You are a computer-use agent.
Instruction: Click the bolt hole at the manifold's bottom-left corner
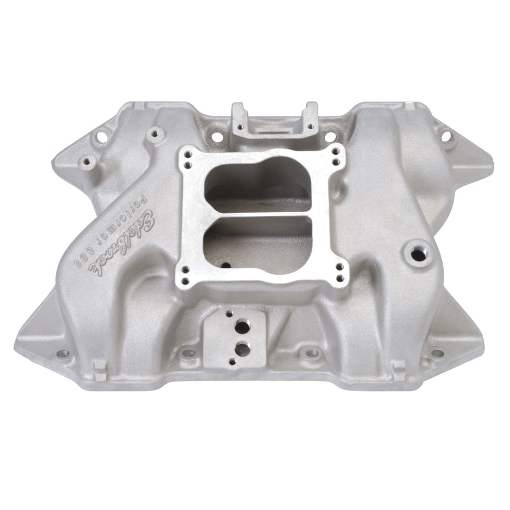(x=64, y=353)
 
